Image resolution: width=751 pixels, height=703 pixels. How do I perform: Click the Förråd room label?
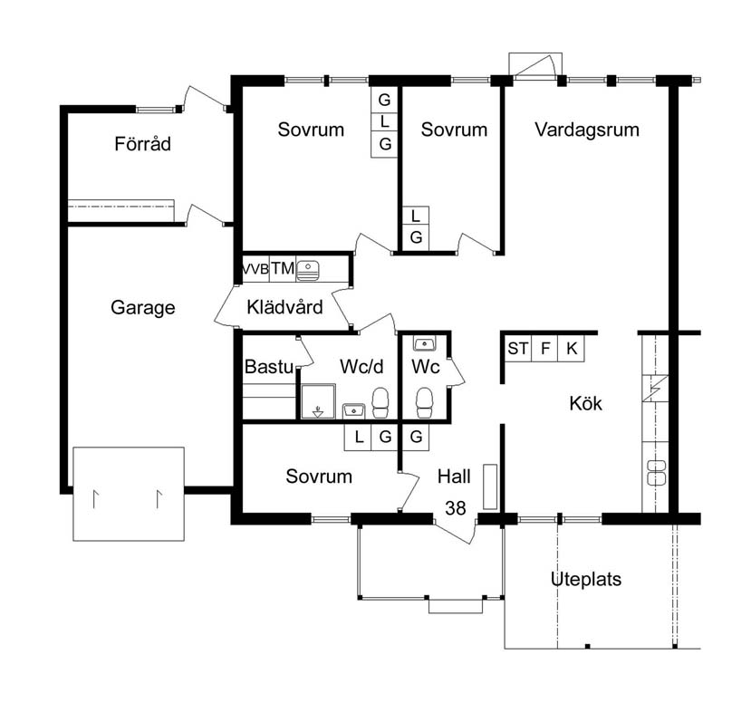point(142,144)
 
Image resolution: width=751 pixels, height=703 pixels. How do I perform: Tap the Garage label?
point(143,307)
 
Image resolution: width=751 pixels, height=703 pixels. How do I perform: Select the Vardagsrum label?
point(587,130)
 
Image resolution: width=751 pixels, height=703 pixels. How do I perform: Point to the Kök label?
point(585,403)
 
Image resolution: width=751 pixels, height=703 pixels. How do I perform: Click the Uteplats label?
point(586,579)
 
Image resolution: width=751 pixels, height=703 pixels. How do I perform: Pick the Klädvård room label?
point(284,307)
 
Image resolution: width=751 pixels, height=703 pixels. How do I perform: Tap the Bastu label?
point(269,367)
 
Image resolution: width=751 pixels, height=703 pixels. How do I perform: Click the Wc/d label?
point(361,366)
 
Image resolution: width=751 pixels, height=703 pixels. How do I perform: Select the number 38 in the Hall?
point(455,507)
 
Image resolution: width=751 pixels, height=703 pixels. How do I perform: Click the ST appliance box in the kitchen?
point(518,349)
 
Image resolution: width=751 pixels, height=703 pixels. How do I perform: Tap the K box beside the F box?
point(572,349)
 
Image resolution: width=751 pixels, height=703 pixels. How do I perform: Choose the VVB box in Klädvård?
point(255,269)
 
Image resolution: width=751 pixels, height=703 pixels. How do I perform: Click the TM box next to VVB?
point(283,269)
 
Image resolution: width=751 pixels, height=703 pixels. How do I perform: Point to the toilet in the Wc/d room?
point(380,403)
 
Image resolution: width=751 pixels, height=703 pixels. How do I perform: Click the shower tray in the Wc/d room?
point(319,401)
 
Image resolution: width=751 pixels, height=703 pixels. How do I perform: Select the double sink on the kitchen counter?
point(656,472)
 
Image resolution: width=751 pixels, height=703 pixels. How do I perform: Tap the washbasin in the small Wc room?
point(424,343)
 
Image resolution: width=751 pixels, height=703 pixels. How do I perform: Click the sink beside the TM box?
point(307,270)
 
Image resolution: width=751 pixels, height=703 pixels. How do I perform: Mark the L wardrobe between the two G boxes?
point(385,122)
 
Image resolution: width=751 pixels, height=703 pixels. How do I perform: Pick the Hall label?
point(454,477)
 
